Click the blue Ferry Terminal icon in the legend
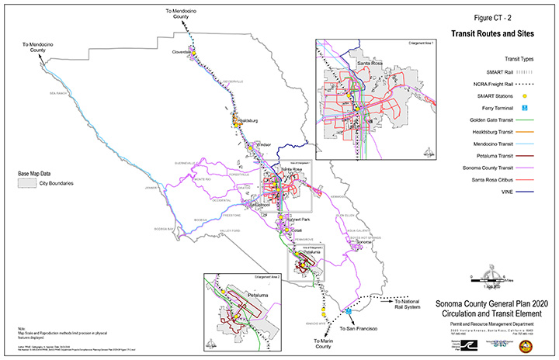coord(524,107)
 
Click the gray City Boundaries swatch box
coord(27,184)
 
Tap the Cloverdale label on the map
coord(182,52)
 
